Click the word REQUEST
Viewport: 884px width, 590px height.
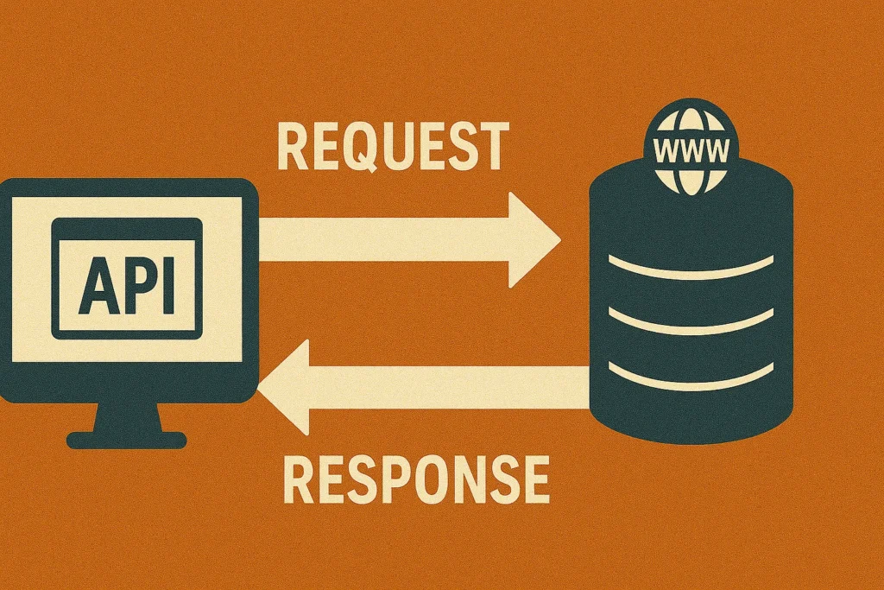point(393,147)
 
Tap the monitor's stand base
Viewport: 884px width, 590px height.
point(127,440)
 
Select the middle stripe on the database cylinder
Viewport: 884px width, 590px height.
point(691,320)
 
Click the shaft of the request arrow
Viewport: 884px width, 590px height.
point(380,239)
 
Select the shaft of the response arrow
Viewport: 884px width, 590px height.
point(449,386)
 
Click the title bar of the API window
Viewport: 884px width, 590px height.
point(127,230)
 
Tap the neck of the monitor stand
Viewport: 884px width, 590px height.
point(126,415)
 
